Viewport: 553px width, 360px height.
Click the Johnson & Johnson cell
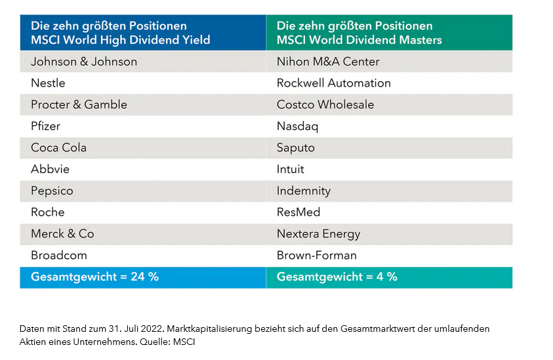pyautogui.click(x=84, y=62)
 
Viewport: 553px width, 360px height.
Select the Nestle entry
pyautogui.click(x=48, y=83)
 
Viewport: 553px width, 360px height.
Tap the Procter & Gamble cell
pyautogui.click(x=79, y=105)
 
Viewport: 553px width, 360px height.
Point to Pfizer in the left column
pyautogui.click(x=46, y=126)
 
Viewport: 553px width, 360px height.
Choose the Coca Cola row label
pyautogui.click(x=58, y=148)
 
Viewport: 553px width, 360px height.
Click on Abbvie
pyautogui.click(x=50, y=169)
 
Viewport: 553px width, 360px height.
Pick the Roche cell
pyautogui.click(x=47, y=212)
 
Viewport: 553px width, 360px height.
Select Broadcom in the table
pyautogui.click(x=58, y=255)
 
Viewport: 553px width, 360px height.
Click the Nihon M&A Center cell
pyautogui.click(x=328, y=62)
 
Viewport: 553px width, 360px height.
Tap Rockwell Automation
pyautogui.click(x=333, y=83)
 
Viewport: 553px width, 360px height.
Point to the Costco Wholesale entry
pyautogui.click(x=325, y=105)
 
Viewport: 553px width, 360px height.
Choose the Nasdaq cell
pyautogui.click(x=298, y=126)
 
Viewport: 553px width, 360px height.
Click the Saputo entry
pyautogui.click(x=296, y=148)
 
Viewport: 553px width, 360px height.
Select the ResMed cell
pyautogui.click(x=298, y=212)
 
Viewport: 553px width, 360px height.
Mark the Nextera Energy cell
pyautogui.click(x=318, y=233)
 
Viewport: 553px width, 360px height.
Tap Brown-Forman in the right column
pyautogui.click(x=316, y=255)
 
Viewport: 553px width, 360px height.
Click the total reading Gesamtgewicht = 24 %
pyautogui.click(x=94, y=277)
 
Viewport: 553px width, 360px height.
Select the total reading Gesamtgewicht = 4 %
pyautogui.click(x=337, y=277)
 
